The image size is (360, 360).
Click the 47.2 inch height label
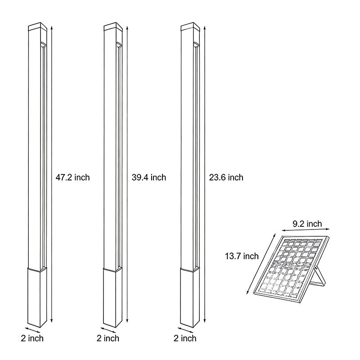(72, 177)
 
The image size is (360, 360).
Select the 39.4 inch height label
(149, 177)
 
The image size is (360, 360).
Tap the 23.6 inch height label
(226, 177)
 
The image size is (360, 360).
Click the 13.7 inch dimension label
(242, 256)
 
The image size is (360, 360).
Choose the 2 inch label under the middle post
(108, 338)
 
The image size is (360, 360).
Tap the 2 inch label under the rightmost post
(185, 338)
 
